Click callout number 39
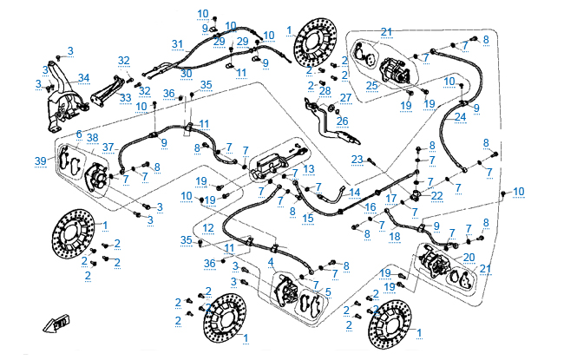pyautogui.click(x=40, y=161)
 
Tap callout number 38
pyautogui.click(x=92, y=138)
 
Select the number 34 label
pyautogui.click(x=83, y=78)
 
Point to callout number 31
pyautogui.click(x=178, y=43)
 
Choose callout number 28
pyautogui.click(x=325, y=90)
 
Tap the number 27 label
pyautogui.click(x=344, y=97)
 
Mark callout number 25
pyautogui.click(x=371, y=84)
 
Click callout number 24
pyautogui.click(x=460, y=116)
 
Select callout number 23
pyautogui.click(x=357, y=159)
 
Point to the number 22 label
pyautogui.click(x=436, y=195)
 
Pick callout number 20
pyautogui.click(x=469, y=257)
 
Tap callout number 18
pyautogui.click(x=395, y=235)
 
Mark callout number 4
pyautogui.click(x=272, y=260)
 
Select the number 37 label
pyautogui.click(x=108, y=147)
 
